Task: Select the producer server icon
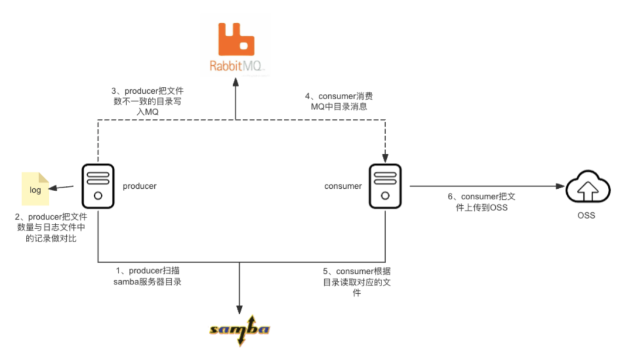[x=98, y=186]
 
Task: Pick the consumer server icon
[x=385, y=186]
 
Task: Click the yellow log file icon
[x=35, y=189]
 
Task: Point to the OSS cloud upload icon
[x=588, y=188]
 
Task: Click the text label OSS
[x=586, y=215]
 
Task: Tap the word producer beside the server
[x=139, y=186]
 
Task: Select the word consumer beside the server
[x=343, y=186]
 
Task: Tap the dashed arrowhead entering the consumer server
[x=385, y=157]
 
